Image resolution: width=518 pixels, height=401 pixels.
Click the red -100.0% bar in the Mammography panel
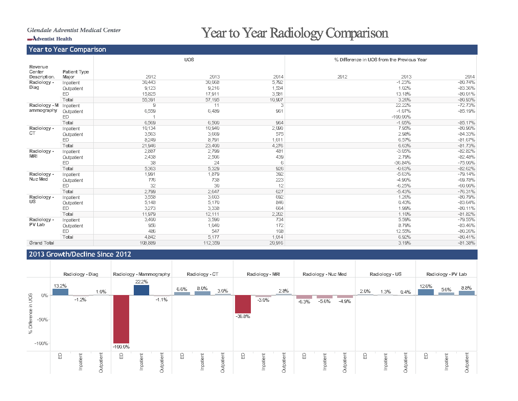121,319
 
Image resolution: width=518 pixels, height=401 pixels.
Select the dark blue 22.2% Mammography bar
141,290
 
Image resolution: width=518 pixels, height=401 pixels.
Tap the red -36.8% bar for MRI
243,304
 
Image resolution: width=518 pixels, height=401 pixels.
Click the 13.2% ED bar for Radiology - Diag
60,292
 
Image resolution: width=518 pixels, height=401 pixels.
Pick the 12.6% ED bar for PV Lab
425,292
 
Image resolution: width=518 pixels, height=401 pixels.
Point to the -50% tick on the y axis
42,320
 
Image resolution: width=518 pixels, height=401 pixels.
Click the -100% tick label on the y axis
41,343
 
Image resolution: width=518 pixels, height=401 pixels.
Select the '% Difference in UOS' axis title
30,314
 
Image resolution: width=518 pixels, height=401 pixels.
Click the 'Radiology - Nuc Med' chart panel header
324,274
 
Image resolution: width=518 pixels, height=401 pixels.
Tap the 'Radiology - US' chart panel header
385,274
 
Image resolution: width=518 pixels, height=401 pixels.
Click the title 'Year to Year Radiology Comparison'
295,33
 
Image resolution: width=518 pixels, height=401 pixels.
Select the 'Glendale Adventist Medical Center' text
74,30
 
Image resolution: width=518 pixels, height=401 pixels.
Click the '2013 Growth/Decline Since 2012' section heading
80,254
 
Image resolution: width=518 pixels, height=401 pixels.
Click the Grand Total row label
42,243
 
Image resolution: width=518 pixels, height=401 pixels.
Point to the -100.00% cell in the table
401,117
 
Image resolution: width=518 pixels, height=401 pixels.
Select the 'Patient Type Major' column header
75,74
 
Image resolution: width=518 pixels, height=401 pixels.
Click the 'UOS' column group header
189,60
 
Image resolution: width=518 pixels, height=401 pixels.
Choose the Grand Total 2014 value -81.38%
466,243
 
